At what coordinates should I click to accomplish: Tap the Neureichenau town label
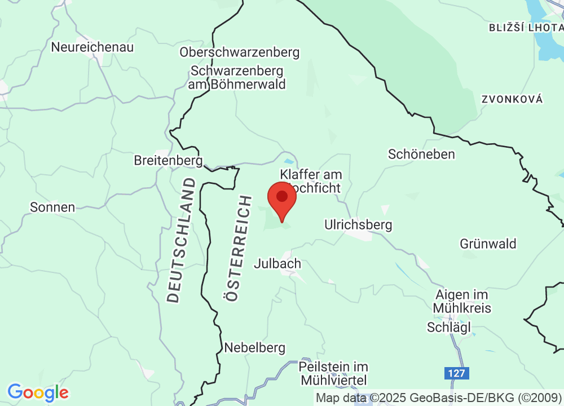click(92, 47)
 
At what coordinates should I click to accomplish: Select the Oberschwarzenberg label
click(240, 52)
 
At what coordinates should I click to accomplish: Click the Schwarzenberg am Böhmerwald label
click(238, 78)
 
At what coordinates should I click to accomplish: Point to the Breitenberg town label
click(168, 160)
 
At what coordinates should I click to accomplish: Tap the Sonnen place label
click(52, 207)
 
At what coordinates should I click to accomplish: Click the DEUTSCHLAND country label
click(182, 240)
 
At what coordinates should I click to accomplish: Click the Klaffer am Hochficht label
click(311, 181)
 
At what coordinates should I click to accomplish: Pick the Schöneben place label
click(421, 153)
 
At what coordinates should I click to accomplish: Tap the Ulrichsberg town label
click(358, 224)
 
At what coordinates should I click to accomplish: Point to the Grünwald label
click(488, 244)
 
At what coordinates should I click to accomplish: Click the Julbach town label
click(277, 263)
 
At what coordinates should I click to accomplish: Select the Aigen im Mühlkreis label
click(462, 301)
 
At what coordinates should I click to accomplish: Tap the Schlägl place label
click(449, 328)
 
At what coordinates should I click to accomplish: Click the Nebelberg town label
click(255, 347)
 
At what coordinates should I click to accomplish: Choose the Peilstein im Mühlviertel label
click(333, 373)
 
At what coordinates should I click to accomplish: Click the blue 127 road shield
click(455, 373)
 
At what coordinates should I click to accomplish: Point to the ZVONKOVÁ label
click(512, 99)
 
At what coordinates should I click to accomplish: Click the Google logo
click(38, 392)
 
